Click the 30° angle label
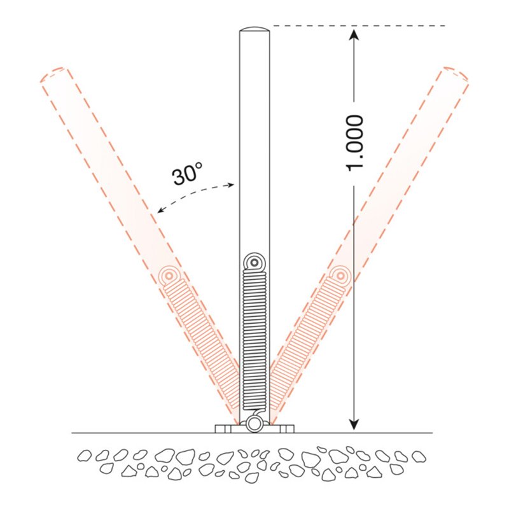pyautogui.click(x=188, y=173)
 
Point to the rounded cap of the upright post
pyautogui.click(x=254, y=30)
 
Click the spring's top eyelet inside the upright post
pyautogui.click(x=254, y=261)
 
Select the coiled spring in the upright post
pyautogui.click(x=254, y=337)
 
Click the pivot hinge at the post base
pyautogui.click(x=254, y=423)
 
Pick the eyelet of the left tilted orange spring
pyautogui.click(x=170, y=275)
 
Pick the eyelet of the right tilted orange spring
pyautogui.click(x=340, y=275)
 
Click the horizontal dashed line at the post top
pyautogui.click(x=356, y=26)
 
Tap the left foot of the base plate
pyautogui.click(x=223, y=428)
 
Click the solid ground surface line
pyautogui.click(x=127, y=433)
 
